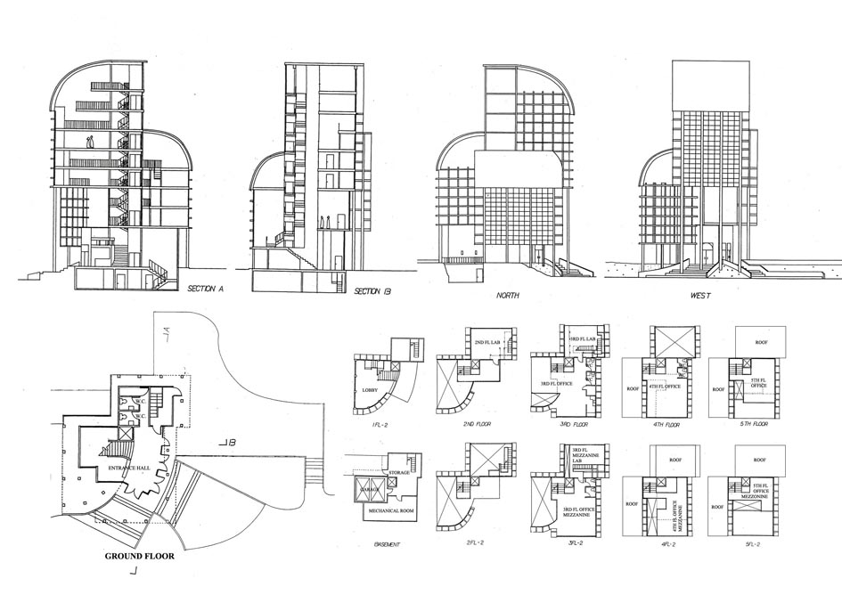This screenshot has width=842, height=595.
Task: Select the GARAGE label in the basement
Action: (367, 490)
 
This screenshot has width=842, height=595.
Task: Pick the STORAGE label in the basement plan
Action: (398, 472)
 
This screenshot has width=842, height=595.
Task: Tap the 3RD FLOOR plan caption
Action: (571, 425)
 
